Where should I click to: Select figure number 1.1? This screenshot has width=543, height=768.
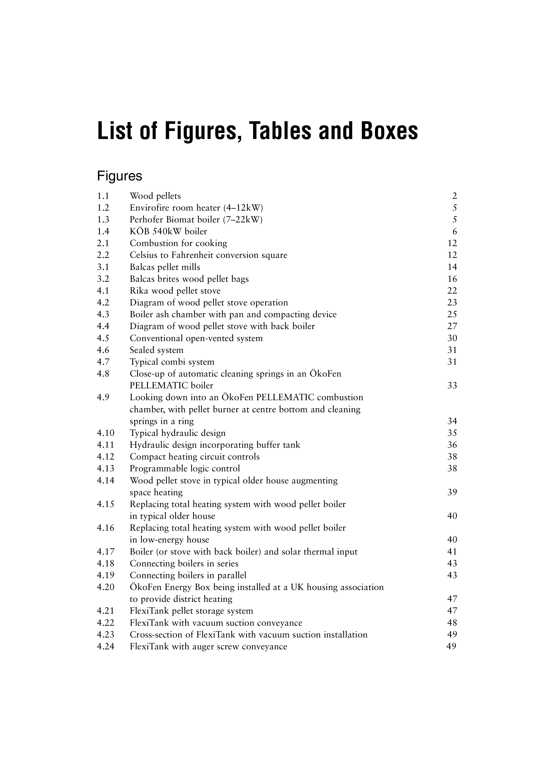[x=103, y=196]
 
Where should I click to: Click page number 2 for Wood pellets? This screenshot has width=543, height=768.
[x=454, y=196]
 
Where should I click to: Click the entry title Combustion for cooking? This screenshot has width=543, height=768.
[x=178, y=243]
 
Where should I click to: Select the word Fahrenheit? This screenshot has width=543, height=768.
[x=192, y=255]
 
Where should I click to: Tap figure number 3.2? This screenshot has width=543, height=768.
[x=103, y=279]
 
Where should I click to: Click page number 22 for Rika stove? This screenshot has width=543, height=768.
[x=452, y=291]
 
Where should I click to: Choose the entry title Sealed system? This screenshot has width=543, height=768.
[x=157, y=350]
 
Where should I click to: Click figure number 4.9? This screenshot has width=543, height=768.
[x=103, y=398]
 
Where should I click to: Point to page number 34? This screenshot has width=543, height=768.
[x=452, y=421]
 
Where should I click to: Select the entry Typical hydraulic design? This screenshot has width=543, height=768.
[x=178, y=433]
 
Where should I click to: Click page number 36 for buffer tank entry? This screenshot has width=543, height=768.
[x=452, y=445]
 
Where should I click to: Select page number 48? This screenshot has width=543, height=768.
[x=452, y=623]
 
